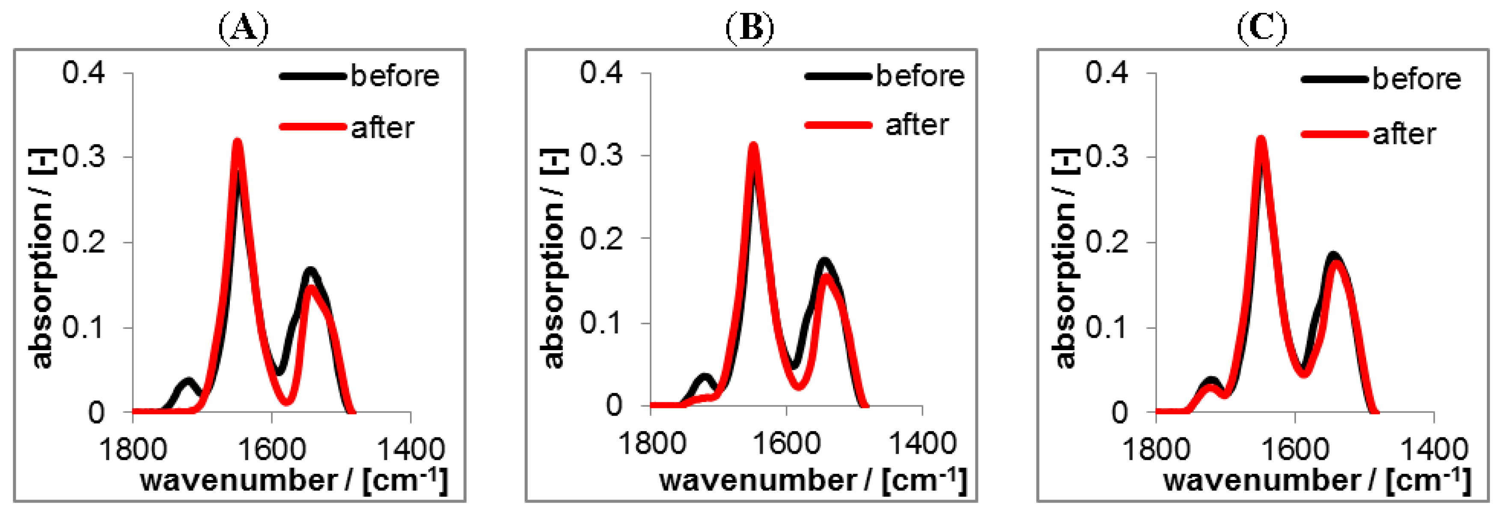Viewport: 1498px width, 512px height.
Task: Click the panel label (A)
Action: [x=243, y=28]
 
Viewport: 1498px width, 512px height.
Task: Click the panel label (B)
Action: [x=750, y=28]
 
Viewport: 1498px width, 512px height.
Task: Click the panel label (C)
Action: [x=1261, y=28]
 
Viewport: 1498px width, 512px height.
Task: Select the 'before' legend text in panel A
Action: [x=395, y=76]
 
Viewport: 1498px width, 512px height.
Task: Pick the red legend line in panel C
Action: [x=1334, y=134]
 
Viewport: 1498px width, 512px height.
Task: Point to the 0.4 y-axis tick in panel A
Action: [x=84, y=73]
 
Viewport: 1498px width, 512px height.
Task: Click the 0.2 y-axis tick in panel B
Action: [x=601, y=238]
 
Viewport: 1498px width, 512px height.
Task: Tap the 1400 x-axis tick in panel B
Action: [x=923, y=444]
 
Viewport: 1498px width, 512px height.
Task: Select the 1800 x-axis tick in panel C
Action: [x=1156, y=449]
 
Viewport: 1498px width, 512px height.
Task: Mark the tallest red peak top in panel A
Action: [x=237, y=142]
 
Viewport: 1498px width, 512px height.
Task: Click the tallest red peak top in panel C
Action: [x=1261, y=140]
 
